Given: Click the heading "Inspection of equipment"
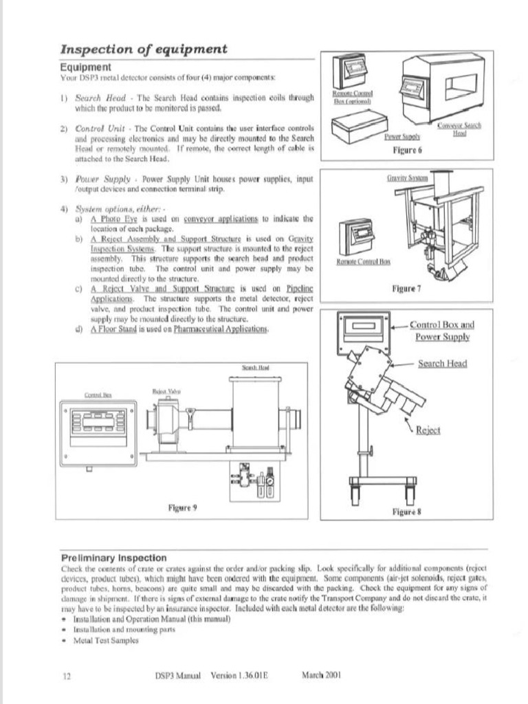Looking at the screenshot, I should point(143,49).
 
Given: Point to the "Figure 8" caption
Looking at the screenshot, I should point(406,512).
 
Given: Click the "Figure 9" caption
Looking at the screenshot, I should point(183,508).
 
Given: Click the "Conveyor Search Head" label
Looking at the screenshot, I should point(459,129).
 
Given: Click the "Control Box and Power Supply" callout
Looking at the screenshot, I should point(442,331).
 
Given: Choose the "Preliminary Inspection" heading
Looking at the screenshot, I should point(113,558).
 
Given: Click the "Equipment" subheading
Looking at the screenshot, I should point(85,67).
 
